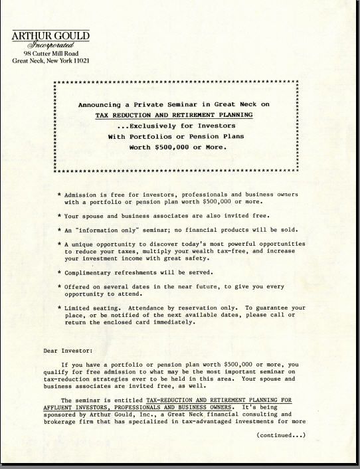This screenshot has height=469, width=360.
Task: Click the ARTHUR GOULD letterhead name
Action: (x=50, y=36)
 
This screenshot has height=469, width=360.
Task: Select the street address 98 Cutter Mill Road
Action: (x=50, y=53)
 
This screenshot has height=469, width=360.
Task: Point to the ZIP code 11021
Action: (x=79, y=60)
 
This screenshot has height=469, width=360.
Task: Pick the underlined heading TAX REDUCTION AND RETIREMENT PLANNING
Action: (x=174, y=115)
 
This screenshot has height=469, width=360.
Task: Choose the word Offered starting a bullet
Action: (x=77, y=286)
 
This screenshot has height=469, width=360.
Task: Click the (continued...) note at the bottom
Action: (x=281, y=436)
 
